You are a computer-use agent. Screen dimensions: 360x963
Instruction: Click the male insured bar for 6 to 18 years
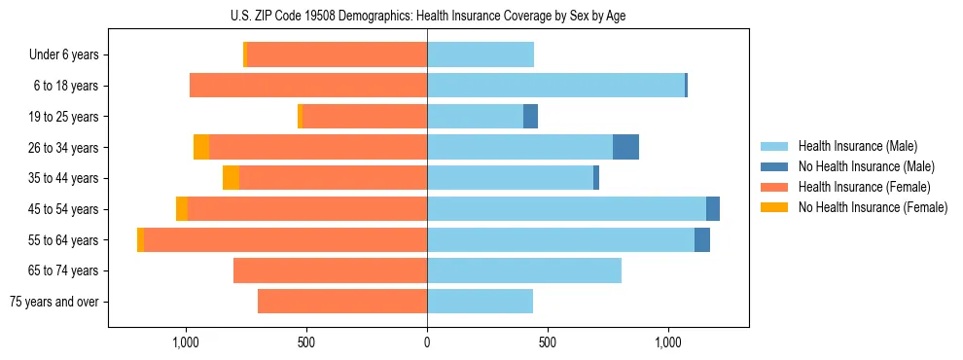[555, 86]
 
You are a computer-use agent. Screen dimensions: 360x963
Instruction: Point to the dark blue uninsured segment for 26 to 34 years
[625, 147]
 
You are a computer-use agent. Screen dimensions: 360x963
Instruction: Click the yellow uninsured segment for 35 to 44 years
[231, 178]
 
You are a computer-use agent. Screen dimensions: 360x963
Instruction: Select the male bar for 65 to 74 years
[524, 270]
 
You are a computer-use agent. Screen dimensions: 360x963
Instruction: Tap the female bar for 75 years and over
[342, 302]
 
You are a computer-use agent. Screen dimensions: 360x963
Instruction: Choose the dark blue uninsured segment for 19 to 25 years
[530, 117]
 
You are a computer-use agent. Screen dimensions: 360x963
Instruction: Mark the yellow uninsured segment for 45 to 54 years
[182, 209]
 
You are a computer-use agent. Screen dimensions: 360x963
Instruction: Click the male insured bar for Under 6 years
[481, 55]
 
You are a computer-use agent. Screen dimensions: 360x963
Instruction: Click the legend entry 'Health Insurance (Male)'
[857, 146]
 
